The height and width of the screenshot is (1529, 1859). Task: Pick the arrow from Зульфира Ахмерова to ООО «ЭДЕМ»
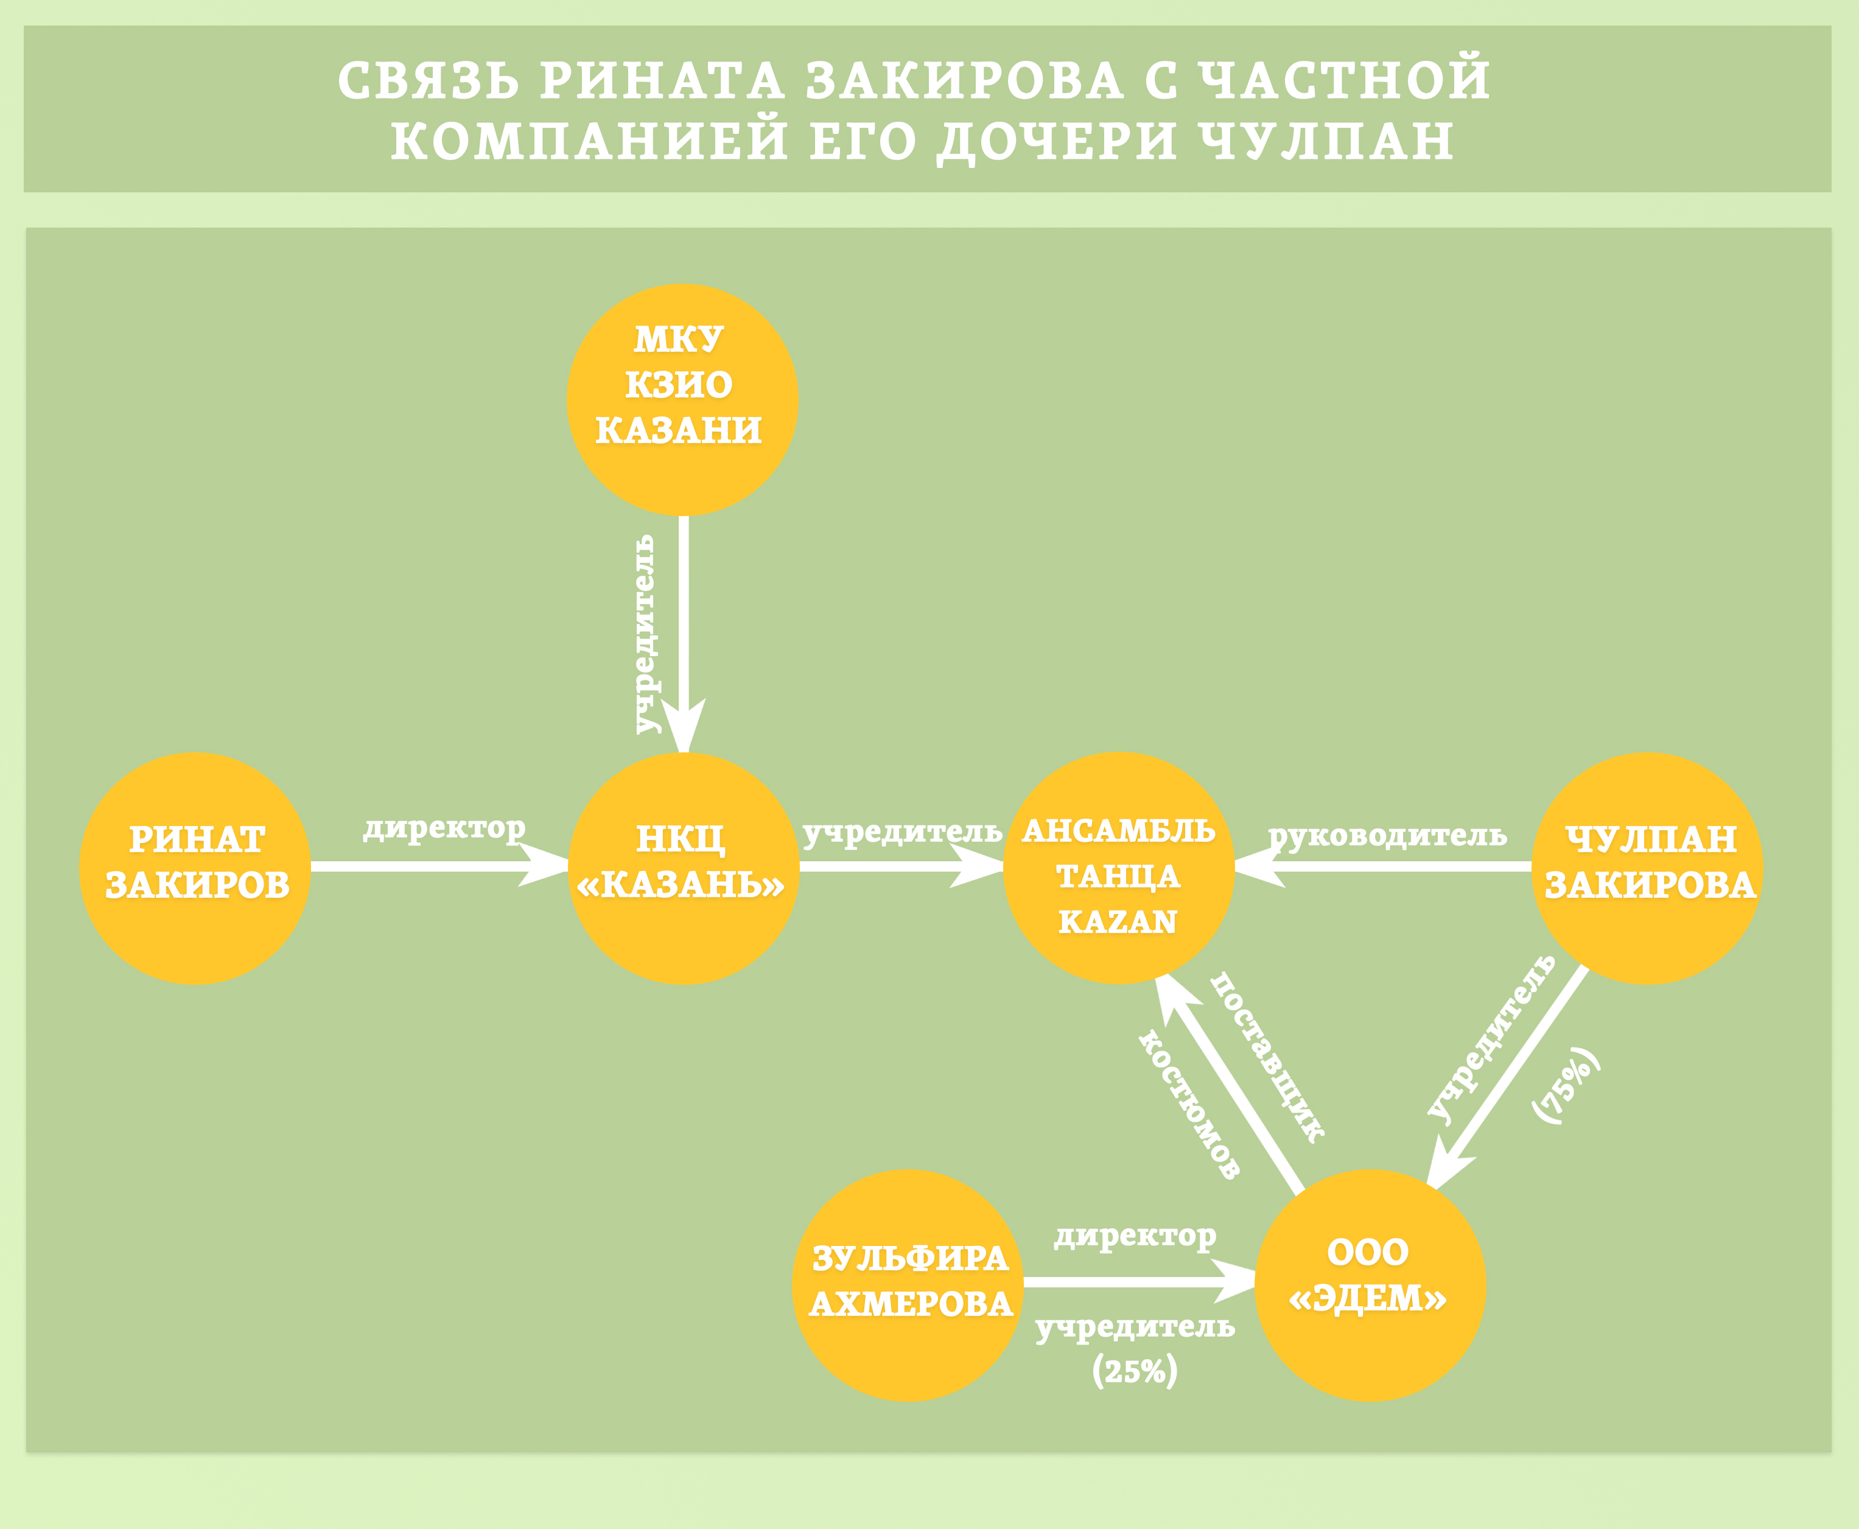[x=1136, y=1281]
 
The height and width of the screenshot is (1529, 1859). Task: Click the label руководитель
[x=1388, y=835]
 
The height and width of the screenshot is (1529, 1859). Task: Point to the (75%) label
[x=1566, y=1085]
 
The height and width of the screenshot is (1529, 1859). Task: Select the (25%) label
[x=1135, y=1371]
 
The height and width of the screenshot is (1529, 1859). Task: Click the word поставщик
[x=1267, y=1057]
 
